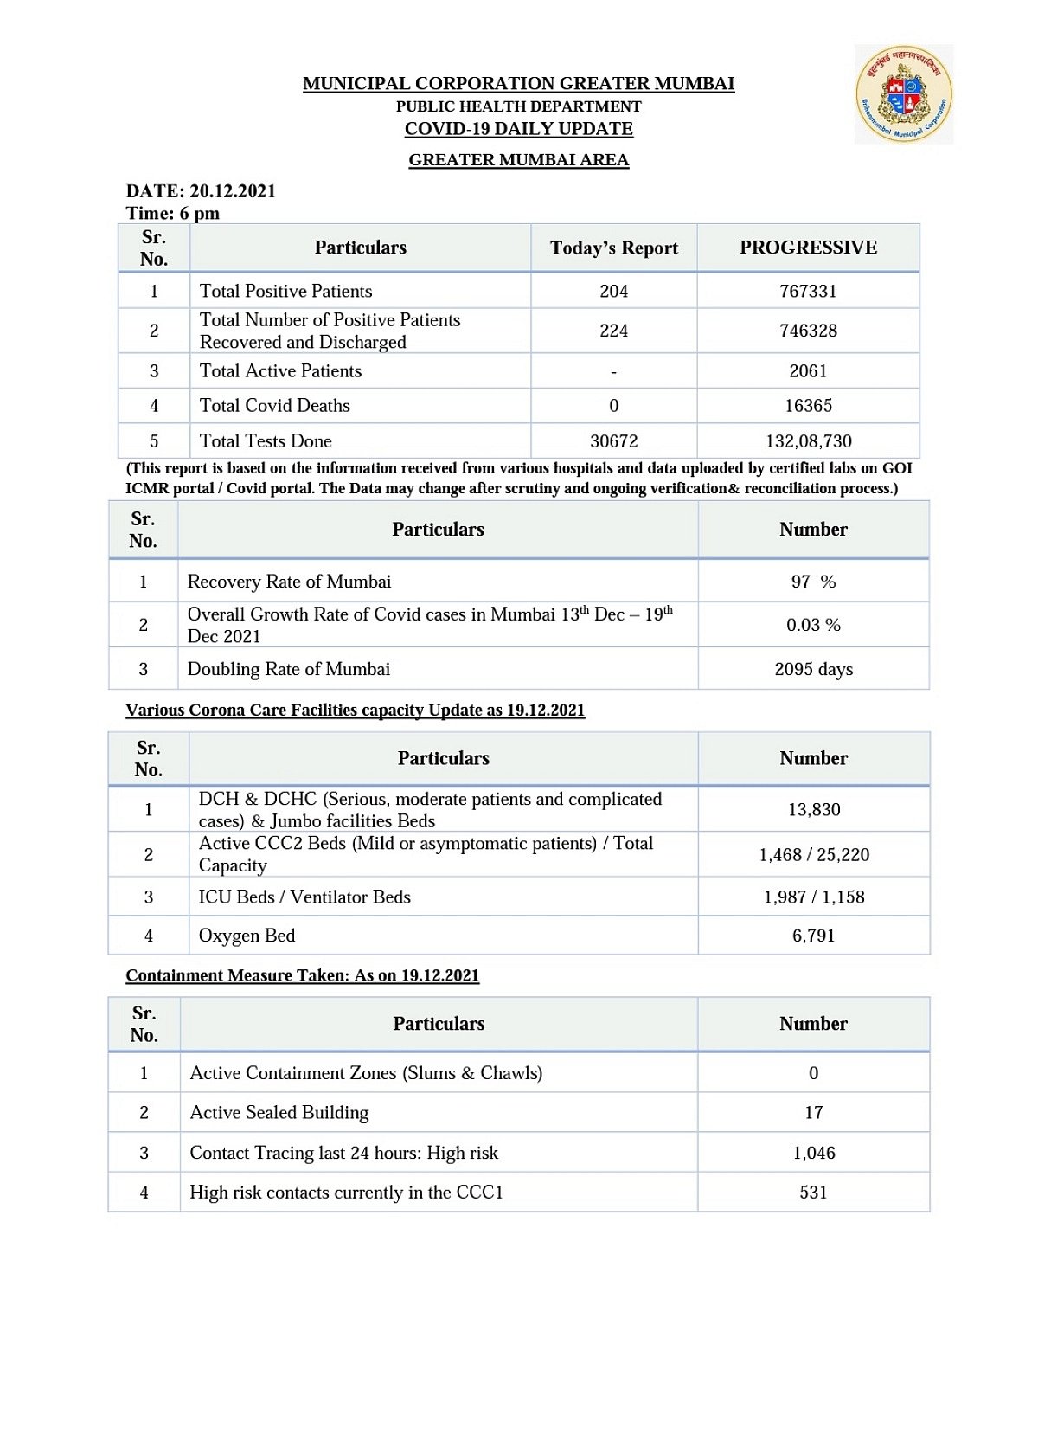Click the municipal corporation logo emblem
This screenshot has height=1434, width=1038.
[904, 94]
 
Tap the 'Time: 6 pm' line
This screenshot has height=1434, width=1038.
[173, 213]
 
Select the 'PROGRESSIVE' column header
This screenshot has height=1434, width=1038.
[808, 248]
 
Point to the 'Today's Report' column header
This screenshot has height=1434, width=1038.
[614, 248]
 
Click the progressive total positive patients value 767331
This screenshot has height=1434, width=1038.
[808, 291]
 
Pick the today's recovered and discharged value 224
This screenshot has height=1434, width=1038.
[614, 331]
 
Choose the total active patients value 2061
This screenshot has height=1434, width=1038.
[808, 371]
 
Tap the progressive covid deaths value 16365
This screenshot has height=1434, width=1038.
[808, 406]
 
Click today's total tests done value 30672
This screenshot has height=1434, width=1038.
[614, 441]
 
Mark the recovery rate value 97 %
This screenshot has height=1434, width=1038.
[813, 582]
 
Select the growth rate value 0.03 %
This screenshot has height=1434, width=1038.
[813, 625]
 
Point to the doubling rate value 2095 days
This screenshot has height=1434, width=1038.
[813, 669]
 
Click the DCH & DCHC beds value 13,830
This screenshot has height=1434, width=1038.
[814, 810]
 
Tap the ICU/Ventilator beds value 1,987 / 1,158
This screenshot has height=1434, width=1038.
[814, 897]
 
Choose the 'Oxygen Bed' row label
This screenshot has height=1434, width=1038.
[247, 936]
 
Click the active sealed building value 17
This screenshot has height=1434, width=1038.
[814, 1113]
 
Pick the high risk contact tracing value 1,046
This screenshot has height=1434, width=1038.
[814, 1153]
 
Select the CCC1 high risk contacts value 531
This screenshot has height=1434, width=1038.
[814, 1193]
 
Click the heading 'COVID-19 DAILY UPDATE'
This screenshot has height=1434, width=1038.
[519, 129]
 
